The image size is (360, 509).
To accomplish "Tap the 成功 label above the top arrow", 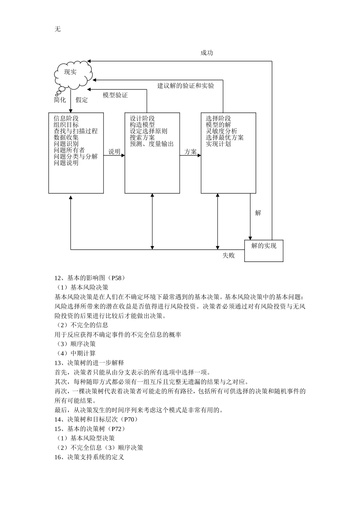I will click(207, 53).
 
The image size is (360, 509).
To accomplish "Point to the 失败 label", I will click(229, 256).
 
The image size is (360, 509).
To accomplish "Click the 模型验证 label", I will click(115, 95).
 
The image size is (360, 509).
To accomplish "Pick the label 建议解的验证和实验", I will click(186, 86).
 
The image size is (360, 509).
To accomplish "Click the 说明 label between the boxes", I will click(114, 152).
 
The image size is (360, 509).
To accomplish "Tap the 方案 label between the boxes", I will click(190, 152).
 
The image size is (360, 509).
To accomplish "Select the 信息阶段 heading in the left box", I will click(66, 119).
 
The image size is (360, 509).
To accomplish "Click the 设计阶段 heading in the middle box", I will click(142, 119).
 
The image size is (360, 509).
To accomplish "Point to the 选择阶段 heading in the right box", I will click(218, 119).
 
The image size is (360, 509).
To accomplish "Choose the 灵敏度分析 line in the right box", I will click(222, 131).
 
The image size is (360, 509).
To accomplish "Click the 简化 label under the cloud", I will click(60, 100).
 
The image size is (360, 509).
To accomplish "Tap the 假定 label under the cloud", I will click(81, 100).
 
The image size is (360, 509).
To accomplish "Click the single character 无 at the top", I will click(57, 29).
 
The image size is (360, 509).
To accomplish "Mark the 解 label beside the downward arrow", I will click(258, 213).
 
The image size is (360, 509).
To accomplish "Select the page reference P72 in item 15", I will click(116, 429).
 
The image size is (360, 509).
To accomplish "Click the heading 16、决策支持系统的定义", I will click(89, 457).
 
